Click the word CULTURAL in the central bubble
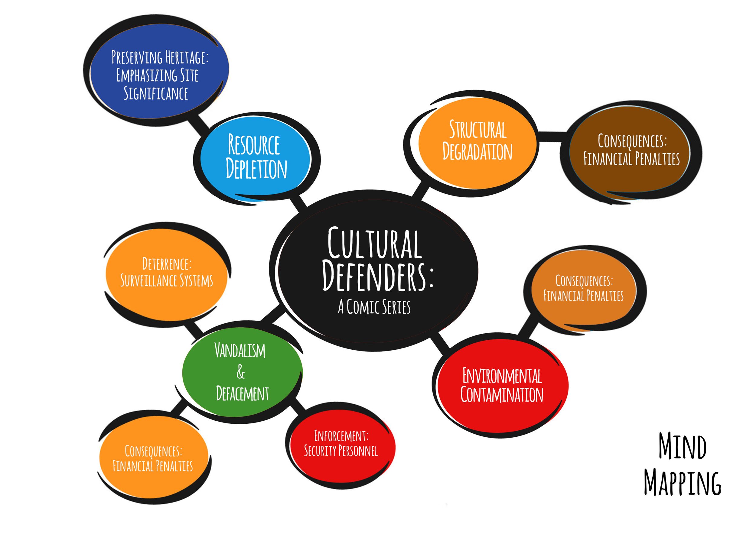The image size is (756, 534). pyautogui.click(x=374, y=244)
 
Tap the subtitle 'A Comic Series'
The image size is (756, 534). pyautogui.click(x=374, y=307)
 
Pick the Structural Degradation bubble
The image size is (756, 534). pyautogui.click(x=477, y=141)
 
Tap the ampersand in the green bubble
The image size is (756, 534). pyautogui.click(x=241, y=372)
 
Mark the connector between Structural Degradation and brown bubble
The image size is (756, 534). pyautogui.click(x=553, y=137)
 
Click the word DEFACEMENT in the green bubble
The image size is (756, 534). pyautogui.click(x=242, y=393)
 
